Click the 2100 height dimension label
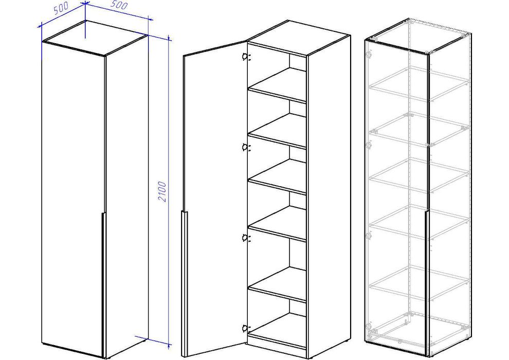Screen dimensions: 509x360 pos(162,192)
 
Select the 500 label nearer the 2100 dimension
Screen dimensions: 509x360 pos(119,5)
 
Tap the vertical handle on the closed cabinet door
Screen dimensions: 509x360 pos(103,284)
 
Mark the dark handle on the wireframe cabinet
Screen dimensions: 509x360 pos(427,283)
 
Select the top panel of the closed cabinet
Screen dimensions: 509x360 pos(96,38)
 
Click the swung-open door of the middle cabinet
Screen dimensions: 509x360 pos(215,198)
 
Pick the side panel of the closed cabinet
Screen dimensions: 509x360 pos(126,195)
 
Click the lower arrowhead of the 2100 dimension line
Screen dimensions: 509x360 pos(169,344)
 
